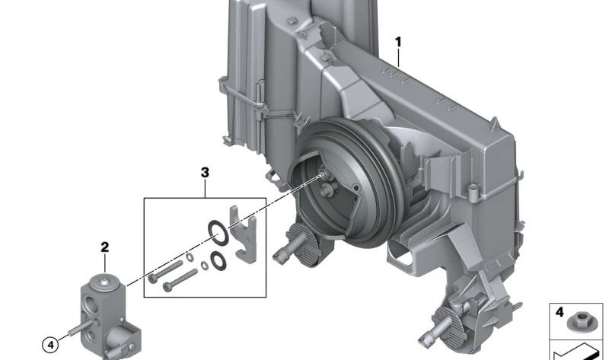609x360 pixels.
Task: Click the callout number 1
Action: point(397,42)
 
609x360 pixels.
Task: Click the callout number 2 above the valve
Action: point(105,247)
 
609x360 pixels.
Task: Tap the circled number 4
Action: point(51,345)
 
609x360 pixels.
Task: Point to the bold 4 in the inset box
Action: point(560,312)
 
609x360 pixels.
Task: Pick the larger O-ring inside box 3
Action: point(218,233)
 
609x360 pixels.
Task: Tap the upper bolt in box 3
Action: point(167,270)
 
